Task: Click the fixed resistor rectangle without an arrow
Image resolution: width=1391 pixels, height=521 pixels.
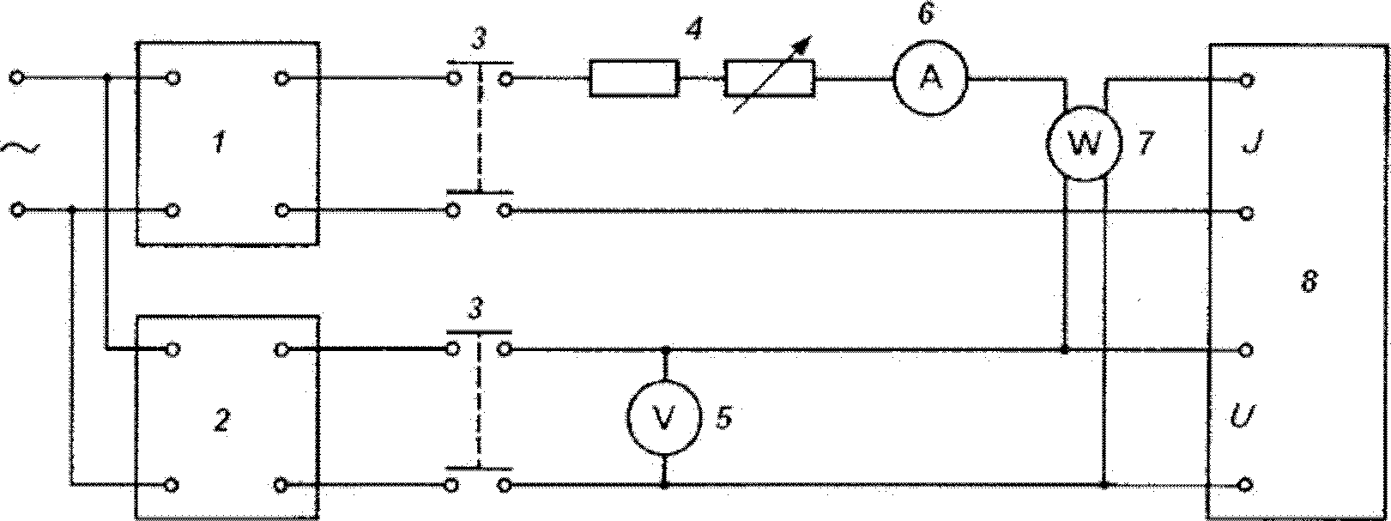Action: [x=632, y=78]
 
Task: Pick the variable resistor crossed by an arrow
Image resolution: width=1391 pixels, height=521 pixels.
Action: [x=769, y=78]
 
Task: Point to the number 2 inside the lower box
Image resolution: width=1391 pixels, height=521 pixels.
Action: [x=221, y=421]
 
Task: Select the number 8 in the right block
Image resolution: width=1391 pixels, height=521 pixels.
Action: [x=1309, y=283]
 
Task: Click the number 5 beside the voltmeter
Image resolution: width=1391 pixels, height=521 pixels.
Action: [x=723, y=419]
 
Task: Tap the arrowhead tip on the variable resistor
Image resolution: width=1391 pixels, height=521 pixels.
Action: [x=812, y=37]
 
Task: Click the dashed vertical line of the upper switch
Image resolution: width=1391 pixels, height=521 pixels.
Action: [x=480, y=127]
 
